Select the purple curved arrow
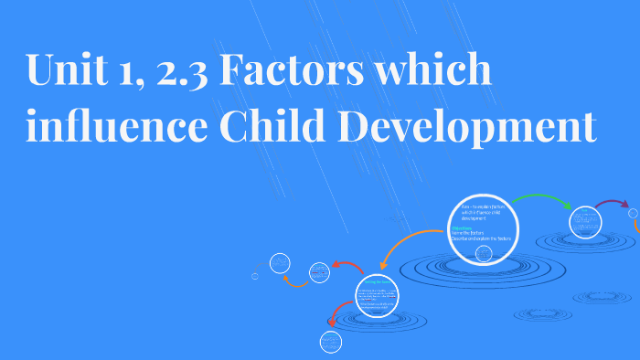click(x=611, y=204)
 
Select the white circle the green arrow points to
click(x=584, y=221)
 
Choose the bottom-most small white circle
click(x=330, y=343)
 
